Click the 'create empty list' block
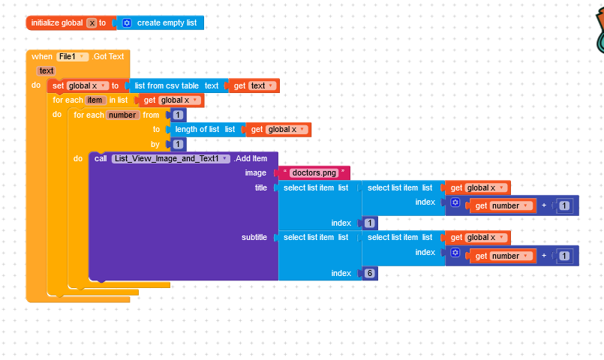[167, 23]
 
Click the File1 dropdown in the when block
[73, 56]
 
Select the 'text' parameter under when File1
[47, 70]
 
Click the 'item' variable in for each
[95, 100]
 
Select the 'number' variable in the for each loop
[123, 115]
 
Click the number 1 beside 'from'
[179, 115]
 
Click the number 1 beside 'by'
[179, 144]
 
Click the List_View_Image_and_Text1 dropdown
[170, 158]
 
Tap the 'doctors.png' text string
[314, 173]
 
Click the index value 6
[370, 274]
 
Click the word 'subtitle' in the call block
[254, 238]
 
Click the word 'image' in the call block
[256, 173]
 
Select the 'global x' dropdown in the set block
[88, 85]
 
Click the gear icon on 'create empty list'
[126, 23]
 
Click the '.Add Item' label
[251, 158]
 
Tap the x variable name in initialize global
[92, 23]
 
